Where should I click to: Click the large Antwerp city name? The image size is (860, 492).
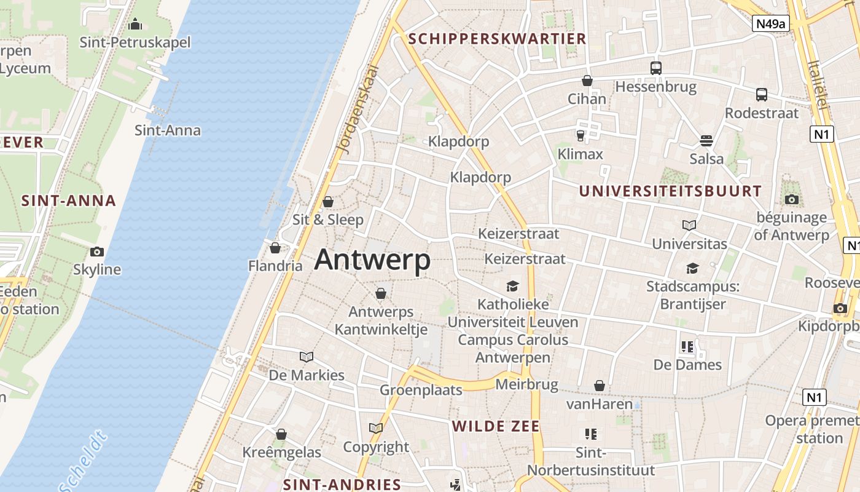(372, 260)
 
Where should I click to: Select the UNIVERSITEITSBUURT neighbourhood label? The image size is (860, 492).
(670, 191)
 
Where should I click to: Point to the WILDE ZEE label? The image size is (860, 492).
(496, 426)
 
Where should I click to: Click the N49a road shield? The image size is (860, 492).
(770, 24)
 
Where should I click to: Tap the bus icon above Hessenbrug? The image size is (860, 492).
(656, 68)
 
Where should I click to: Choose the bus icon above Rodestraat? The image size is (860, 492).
(762, 95)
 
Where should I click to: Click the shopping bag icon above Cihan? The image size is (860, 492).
(587, 81)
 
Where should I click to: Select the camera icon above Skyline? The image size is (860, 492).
(97, 252)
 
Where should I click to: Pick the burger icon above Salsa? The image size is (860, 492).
(706, 141)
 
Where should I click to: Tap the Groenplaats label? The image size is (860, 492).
(421, 390)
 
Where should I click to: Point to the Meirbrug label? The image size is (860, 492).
(526, 385)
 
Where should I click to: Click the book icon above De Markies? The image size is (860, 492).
(307, 357)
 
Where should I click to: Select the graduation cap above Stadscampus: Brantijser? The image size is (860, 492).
(693, 268)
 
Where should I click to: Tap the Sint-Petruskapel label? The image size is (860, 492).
(135, 42)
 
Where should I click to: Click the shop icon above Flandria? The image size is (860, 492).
(275, 248)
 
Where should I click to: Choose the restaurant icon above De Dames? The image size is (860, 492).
(687, 347)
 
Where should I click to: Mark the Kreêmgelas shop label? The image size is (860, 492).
(281, 453)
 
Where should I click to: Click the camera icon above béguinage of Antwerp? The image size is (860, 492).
(791, 199)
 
